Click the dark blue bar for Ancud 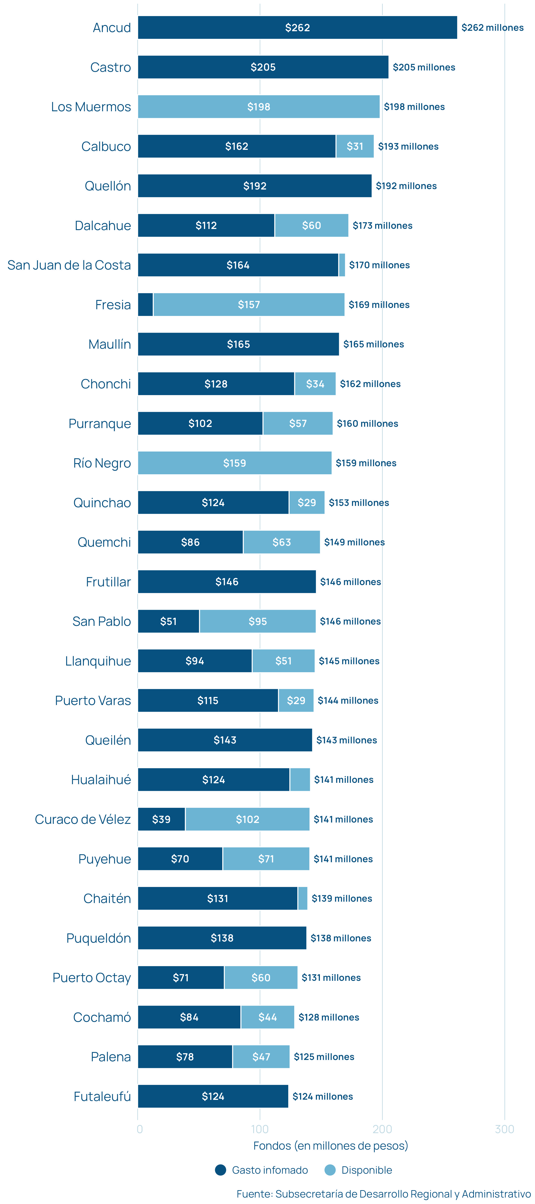click(297, 28)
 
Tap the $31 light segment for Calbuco click(355, 146)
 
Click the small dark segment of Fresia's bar click(145, 305)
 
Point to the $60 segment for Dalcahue click(311, 225)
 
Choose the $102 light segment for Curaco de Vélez click(247, 819)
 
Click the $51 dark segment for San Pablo click(168, 621)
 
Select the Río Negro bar click(235, 463)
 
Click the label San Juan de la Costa click(69, 265)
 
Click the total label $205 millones click(424, 67)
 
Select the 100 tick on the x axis click(260, 1129)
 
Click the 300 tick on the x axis click(504, 1129)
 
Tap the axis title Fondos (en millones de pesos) click(330, 1146)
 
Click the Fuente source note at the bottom click(383, 1194)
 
